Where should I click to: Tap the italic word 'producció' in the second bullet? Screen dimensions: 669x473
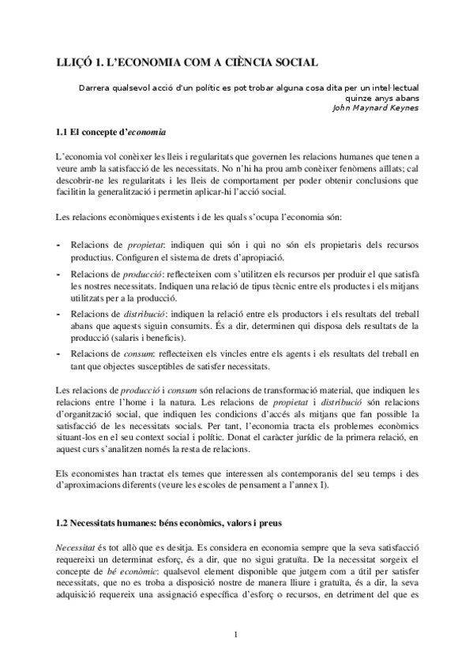[x=147, y=273]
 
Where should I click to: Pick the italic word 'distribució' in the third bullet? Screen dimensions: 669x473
[x=149, y=314]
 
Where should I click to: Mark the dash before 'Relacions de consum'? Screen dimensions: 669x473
[x=61, y=355]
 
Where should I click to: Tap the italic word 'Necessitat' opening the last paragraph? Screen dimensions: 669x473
[x=78, y=546]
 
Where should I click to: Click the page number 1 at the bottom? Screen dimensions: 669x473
[x=236, y=633]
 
